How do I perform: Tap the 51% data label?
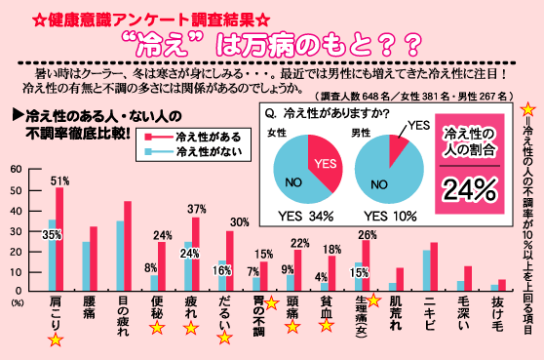coord(60,180)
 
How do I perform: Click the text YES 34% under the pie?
coord(306,217)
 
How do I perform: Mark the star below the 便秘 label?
coord(158,329)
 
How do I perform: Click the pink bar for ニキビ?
coord(435,266)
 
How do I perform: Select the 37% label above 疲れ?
coord(196,209)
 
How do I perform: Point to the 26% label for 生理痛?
coord(367,232)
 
